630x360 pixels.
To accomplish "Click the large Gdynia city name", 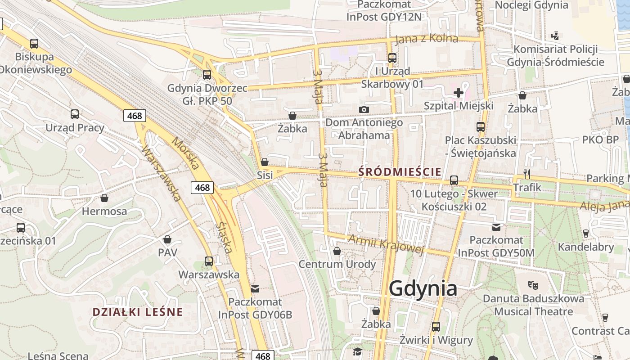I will [423, 288].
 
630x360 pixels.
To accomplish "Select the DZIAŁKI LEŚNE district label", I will [138, 312].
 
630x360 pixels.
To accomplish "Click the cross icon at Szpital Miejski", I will [459, 93].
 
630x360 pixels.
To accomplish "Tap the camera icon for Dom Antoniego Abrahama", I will [364, 109].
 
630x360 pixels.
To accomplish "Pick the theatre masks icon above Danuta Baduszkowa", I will [533, 285].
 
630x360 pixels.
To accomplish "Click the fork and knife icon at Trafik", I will [527, 174].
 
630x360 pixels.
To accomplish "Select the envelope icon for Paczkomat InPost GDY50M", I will [496, 227].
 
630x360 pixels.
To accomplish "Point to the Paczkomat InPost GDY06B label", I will [255, 308].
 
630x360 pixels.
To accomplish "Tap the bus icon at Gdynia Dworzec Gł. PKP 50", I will [207, 75].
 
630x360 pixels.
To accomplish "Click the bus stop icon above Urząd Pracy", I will [75, 114].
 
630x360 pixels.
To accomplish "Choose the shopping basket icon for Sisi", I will [265, 162].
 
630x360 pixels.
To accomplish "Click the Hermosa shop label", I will [104, 211].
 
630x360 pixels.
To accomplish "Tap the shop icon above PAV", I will [167, 239].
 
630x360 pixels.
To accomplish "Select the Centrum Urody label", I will [337, 264].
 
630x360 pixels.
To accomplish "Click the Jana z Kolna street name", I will [427, 39].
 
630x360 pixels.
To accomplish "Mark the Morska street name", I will [186, 154].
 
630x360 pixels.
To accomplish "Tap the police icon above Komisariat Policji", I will [555, 36].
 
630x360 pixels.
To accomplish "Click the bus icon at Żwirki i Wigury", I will [436, 327].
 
